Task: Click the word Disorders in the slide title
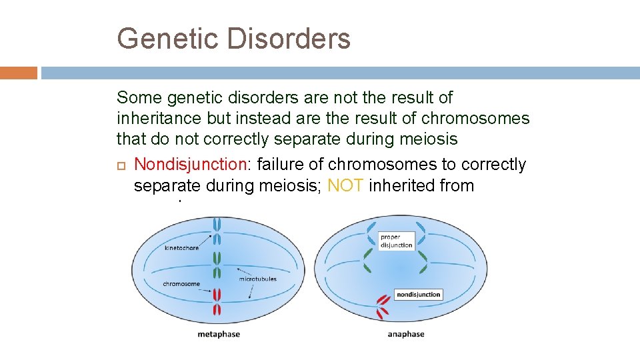coord(289,39)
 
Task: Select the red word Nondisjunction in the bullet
coord(178,164)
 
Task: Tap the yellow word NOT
coord(345,185)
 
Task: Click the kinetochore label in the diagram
coord(181,247)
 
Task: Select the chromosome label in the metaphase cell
coord(181,284)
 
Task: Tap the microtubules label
coord(257,279)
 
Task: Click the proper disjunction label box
coord(396,241)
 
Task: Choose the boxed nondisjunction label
coord(418,294)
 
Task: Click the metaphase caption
coord(219,334)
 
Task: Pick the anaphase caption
coord(405,334)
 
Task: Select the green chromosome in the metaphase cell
coord(217,265)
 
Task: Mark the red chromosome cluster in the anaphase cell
coord(383,306)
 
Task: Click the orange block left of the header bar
coord(19,73)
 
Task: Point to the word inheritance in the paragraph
coord(153,119)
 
